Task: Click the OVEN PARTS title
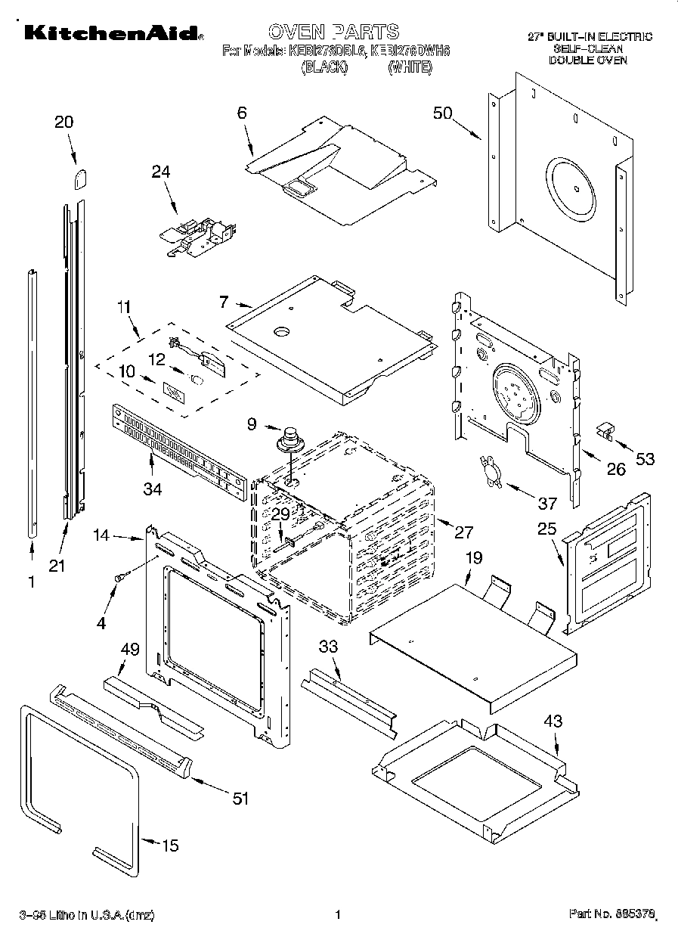click(x=333, y=32)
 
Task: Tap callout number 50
click(x=443, y=113)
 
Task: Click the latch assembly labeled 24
click(x=198, y=234)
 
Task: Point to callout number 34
click(x=153, y=490)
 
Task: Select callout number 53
click(x=645, y=458)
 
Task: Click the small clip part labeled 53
click(x=605, y=431)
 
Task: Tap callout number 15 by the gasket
click(x=171, y=845)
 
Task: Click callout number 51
click(x=240, y=799)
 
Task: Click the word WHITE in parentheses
click(x=410, y=68)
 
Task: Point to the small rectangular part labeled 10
click(x=173, y=393)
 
